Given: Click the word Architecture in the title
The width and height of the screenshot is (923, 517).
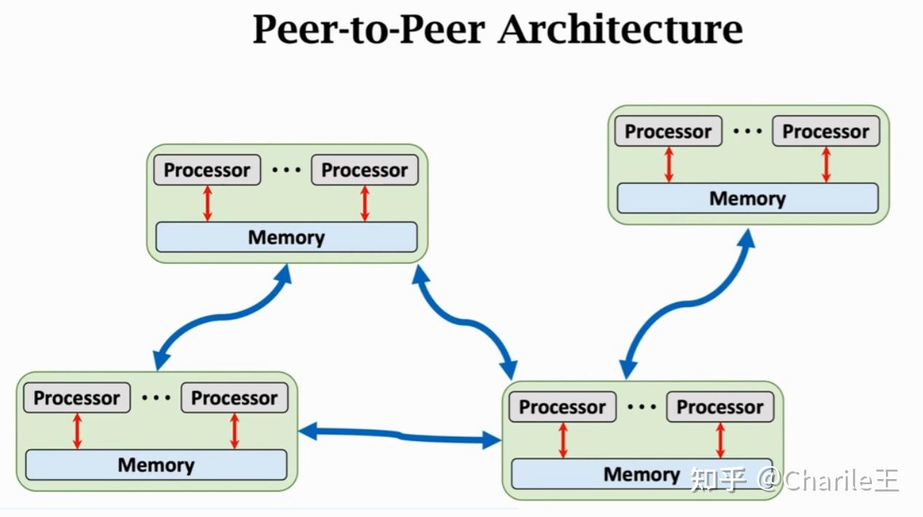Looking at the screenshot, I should click(x=621, y=31).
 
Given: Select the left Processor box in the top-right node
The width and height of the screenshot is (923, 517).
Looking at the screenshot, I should click(x=668, y=131).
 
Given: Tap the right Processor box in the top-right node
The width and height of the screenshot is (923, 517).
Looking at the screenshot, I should click(x=825, y=131).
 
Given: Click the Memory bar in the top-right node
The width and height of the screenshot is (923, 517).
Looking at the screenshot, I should click(x=747, y=198).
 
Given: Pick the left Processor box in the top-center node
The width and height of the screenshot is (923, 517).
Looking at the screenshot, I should click(x=207, y=170).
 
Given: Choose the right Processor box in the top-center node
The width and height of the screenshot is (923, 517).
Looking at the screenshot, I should click(x=364, y=170).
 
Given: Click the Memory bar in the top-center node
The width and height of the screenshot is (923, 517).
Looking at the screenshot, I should click(x=286, y=238).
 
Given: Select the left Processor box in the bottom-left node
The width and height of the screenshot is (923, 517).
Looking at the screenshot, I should click(x=76, y=398).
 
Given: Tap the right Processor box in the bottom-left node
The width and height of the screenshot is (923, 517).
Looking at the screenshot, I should click(x=234, y=398).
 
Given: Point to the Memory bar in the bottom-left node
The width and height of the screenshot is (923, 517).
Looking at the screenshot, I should click(x=156, y=465).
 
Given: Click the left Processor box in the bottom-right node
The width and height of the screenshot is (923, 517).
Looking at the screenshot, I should click(x=562, y=407).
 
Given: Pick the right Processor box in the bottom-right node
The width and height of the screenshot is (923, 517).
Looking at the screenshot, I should click(x=720, y=407).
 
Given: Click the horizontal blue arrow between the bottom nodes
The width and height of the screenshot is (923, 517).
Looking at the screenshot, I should click(x=400, y=436).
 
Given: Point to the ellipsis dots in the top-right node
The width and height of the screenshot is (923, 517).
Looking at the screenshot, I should click(x=747, y=131).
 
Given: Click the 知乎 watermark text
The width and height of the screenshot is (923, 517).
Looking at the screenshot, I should click(x=718, y=480).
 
